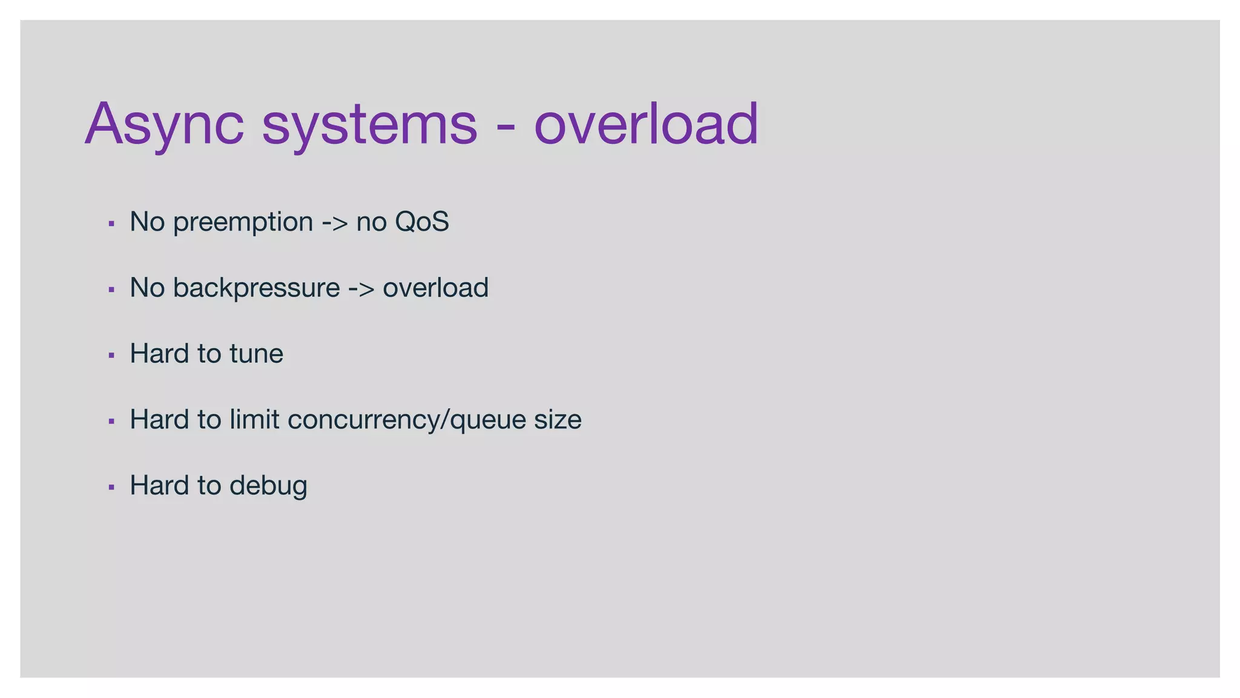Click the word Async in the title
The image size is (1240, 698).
164,124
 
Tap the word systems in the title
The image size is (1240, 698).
369,124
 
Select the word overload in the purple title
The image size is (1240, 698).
645,124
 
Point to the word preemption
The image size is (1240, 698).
243,222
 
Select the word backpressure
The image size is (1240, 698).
256,288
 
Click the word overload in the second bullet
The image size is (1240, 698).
435,288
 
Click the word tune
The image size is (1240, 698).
256,353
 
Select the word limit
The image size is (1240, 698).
254,419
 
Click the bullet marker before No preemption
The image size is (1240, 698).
111,224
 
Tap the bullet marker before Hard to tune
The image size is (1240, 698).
111,356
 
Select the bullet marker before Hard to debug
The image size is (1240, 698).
111,487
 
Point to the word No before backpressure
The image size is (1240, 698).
147,288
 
